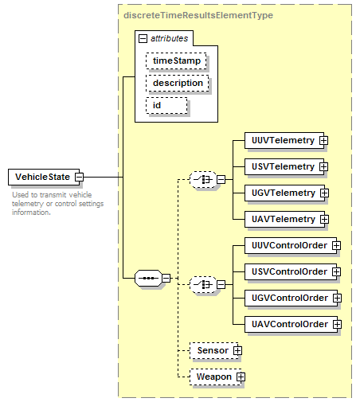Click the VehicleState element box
pyautogui.click(x=44, y=177)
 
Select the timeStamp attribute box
pyautogui.click(x=176, y=60)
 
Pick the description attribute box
pyautogui.click(x=178, y=83)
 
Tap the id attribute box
pyautogui.click(x=166, y=105)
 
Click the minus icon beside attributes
pyautogui.click(x=143, y=39)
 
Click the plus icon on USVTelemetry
pyautogui.click(x=323, y=166)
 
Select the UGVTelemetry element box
pyautogui.click(x=285, y=193)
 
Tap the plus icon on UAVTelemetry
pyautogui.click(x=324, y=219)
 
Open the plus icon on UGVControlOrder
pyautogui.click(x=337, y=298)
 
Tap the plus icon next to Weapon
pyautogui.click(x=241, y=377)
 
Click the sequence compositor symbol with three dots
pyautogui.click(x=148, y=278)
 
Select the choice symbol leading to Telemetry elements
pyautogui.click(x=203, y=180)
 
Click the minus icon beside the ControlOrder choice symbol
pyautogui.click(x=221, y=285)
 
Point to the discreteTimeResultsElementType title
pyautogui.click(x=198, y=15)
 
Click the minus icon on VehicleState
pyautogui.click(x=79, y=177)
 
